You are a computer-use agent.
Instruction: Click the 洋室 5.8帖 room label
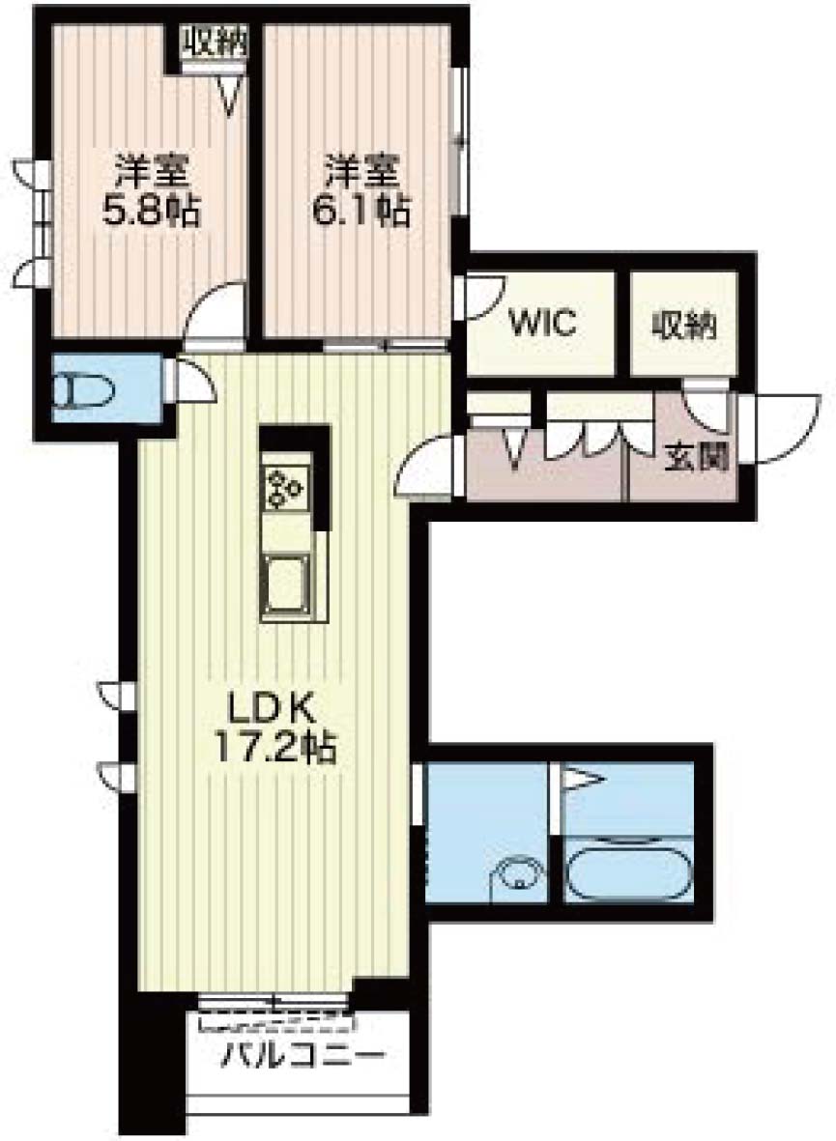coord(152,191)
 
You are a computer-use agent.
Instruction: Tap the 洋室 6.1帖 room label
coord(361,191)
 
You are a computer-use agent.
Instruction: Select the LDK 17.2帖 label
coord(274,727)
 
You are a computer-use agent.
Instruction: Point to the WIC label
coord(543,322)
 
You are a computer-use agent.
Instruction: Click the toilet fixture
coord(86,390)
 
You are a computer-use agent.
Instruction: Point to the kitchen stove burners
coord(286,485)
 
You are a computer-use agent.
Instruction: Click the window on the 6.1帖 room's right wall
coord(459,141)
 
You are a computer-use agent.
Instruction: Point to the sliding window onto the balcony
coord(274,1003)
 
